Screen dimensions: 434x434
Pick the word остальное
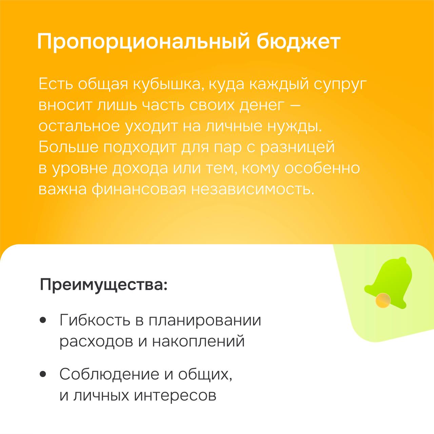pyautogui.click(x=79, y=126)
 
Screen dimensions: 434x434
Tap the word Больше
pyautogui.click(x=68, y=147)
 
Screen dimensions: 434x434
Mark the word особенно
pyautogui.click(x=322, y=168)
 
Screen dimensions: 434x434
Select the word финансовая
pyautogui.click(x=139, y=190)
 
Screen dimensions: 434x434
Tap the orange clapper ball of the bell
pyautogui.click(x=383, y=300)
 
